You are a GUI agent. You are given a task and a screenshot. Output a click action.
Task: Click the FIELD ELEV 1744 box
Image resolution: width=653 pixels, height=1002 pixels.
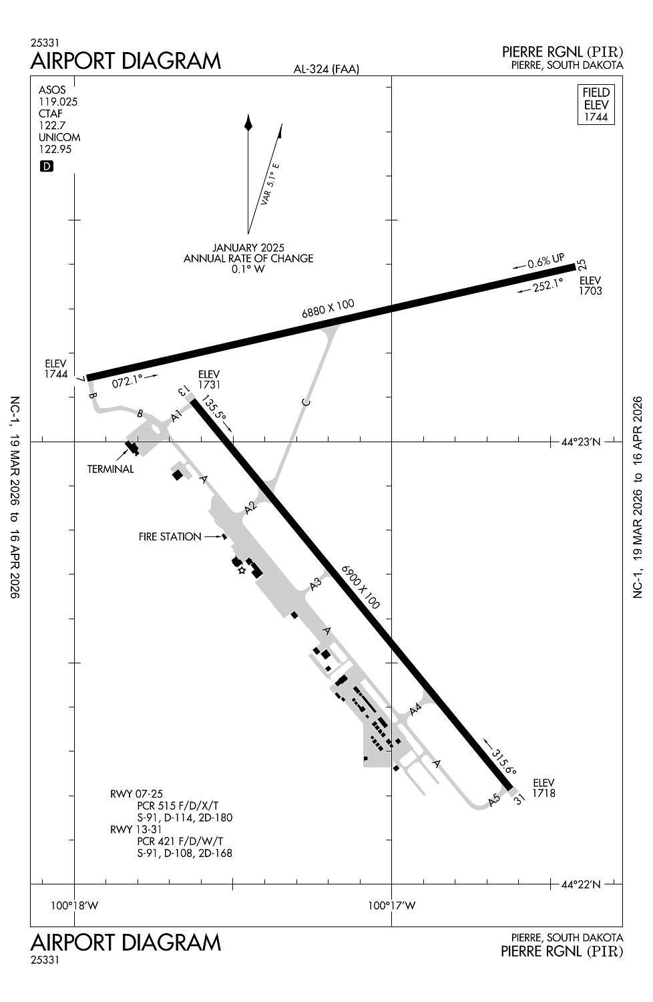(x=596, y=104)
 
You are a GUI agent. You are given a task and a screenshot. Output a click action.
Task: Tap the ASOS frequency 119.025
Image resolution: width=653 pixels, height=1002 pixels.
(x=58, y=102)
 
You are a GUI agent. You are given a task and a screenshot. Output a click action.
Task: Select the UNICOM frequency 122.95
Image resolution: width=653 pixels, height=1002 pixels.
(x=55, y=150)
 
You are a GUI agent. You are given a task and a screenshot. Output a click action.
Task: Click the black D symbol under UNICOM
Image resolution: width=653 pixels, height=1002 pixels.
(x=46, y=166)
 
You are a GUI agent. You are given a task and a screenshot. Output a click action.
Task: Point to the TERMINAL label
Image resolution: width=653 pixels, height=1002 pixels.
(x=110, y=469)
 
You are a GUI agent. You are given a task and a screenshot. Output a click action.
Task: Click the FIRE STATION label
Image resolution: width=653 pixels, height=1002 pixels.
(x=170, y=536)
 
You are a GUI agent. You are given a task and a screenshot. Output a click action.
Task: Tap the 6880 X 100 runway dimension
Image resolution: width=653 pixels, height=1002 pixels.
(x=328, y=309)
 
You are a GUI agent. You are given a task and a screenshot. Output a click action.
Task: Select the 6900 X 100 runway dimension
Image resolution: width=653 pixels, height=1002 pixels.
(x=361, y=587)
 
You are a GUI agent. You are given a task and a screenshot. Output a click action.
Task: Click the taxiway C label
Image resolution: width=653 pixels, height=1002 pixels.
(x=306, y=401)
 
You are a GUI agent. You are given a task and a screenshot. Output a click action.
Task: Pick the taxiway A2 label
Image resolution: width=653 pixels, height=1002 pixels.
(x=250, y=508)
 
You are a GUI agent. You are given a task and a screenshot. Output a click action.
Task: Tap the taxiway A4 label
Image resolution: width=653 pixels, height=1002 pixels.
(x=416, y=709)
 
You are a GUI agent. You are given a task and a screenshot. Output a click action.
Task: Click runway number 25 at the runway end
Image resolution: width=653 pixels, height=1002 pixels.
(x=582, y=265)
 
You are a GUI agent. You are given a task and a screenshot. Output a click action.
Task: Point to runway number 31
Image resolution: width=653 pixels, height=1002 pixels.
(x=519, y=798)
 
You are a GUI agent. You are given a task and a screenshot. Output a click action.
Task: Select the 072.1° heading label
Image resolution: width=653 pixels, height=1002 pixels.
(x=128, y=381)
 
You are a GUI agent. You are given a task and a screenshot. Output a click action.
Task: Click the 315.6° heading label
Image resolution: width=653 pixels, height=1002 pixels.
(x=504, y=761)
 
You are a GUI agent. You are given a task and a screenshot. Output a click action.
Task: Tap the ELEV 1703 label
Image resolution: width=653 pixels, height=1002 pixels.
(x=590, y=286)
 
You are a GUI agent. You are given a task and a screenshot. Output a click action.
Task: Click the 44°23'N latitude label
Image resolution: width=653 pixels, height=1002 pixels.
(x=580, y=442)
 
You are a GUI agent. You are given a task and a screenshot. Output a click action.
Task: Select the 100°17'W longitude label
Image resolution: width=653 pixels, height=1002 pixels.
(x=392, y=906)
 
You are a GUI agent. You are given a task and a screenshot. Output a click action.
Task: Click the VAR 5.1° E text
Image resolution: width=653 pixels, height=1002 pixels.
(x=271, y=183)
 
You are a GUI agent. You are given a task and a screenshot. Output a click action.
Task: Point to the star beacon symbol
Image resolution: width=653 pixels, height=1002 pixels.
(x=242, y=570)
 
